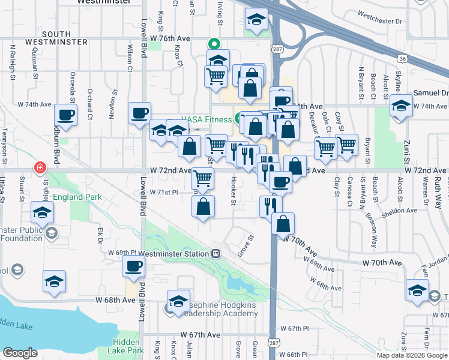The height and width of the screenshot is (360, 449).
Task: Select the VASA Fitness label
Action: point(208,119)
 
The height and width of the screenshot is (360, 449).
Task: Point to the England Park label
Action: point(77,197)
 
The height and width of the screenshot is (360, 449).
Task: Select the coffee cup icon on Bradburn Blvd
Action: point(65,114)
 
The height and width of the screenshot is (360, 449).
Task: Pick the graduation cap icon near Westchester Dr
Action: point(256,21)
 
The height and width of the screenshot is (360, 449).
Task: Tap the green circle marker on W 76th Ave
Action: point(212,43)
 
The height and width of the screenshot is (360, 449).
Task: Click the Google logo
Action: point(20,353)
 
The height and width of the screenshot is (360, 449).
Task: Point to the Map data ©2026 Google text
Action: point(411,355)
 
